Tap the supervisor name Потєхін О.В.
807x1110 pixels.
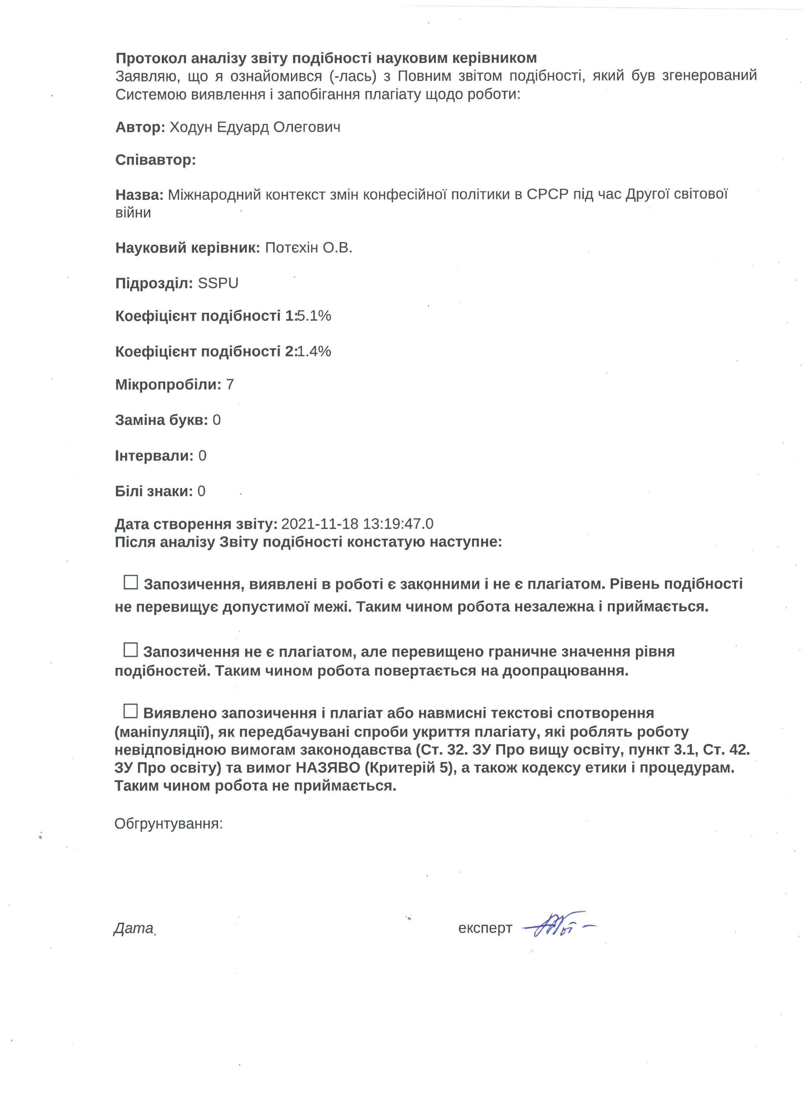point(308,248)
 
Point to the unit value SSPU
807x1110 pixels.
point(218,284)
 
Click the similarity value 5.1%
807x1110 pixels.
point(314,316)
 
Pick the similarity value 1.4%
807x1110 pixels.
point(314,352)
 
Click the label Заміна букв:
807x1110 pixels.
point(161,420)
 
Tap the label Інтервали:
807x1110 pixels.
point(154,456)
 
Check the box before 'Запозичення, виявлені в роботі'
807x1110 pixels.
point(131,583)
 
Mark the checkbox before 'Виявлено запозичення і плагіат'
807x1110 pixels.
point(131,711)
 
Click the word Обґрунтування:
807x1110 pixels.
point(168,824)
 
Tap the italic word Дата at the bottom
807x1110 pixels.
point(133,928)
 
